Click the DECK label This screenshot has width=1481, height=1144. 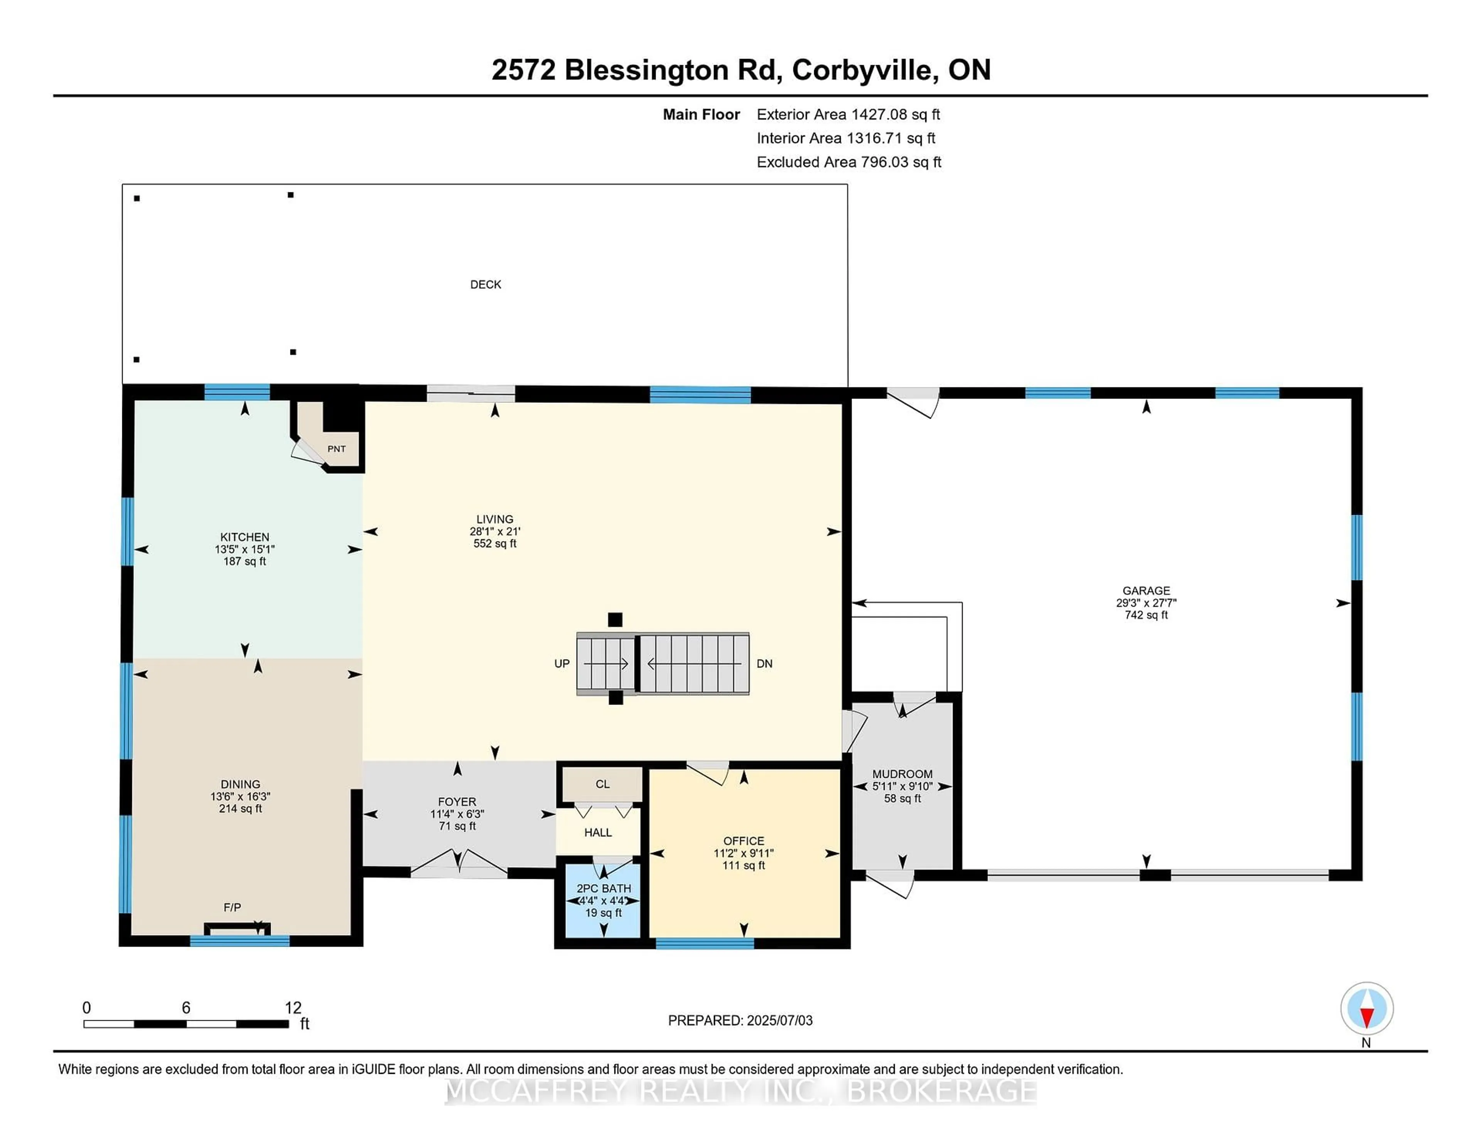tap(486, 284)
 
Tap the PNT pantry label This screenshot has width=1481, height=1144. tap(336, 449)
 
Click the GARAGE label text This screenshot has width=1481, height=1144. tap(1146, 590)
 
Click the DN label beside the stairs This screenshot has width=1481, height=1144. tap(764, 663)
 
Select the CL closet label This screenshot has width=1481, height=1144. tap(602, 784)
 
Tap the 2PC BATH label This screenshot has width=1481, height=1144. tap(604, 888)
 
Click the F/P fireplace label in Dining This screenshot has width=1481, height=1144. tap(232, 907)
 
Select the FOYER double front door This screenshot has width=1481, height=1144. tap(459, 864)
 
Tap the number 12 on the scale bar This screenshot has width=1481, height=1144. tap(293, 1008)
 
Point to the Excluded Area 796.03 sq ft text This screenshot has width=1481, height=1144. tap(848, 162)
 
